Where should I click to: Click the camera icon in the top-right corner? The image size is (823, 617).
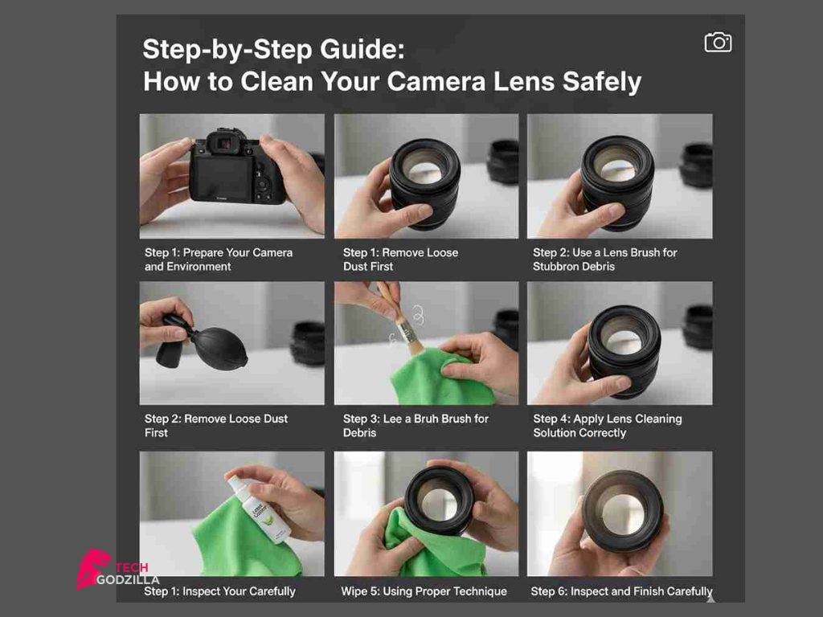(x=718, y=43)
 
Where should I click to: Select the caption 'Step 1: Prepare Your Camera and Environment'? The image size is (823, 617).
(x=219, y=259)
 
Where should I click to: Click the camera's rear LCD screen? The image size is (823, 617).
(x=223, y=178)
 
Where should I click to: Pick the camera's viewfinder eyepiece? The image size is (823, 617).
(x=226, y=143)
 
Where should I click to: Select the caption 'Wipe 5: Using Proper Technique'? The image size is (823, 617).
(x=424, y=591)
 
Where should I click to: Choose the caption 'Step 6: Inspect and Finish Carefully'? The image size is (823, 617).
(x=621, y=591)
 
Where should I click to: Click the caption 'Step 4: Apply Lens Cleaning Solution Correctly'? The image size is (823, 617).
(x=607, y=426)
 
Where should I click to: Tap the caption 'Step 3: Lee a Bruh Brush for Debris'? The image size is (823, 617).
(x=416, y=426)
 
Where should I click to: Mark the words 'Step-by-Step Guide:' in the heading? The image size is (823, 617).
(x=273, y=50)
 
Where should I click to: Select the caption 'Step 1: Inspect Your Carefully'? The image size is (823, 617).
(x=219, y=591)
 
